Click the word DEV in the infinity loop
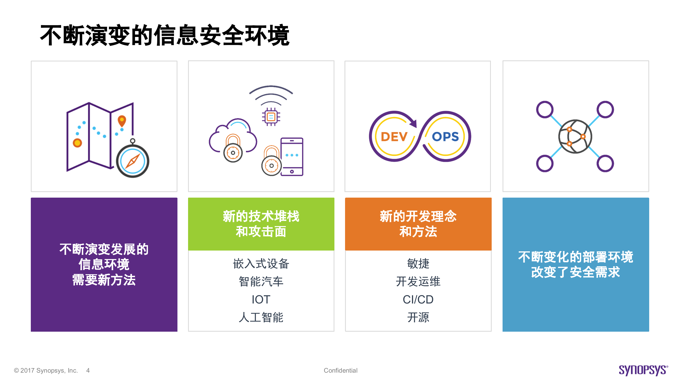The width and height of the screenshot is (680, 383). pos(394,137)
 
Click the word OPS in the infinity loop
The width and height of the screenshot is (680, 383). pos(445,137)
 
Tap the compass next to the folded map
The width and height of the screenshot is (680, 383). pos(133,161)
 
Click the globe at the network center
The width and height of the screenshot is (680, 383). pos(575,136)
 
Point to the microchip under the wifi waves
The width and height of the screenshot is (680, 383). pos(271,117)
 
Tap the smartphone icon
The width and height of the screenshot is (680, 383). pos(292,157)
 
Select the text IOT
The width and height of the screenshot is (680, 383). pos(261,299)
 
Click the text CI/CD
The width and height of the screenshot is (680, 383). pos(418,299)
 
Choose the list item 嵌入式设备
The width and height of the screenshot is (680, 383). pos(261,264)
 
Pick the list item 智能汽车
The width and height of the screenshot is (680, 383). pos(261,281)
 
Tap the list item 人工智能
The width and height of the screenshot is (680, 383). pos(261,317)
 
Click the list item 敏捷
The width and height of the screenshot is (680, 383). pos(418,264)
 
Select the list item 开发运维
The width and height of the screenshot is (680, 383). pos(418,281)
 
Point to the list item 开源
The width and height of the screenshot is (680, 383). pos(418,317)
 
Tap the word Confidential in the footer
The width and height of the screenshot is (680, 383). pos(341,370)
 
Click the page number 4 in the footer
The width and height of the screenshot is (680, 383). pos(88,370)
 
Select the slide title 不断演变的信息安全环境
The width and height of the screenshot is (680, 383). pos(165,35)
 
